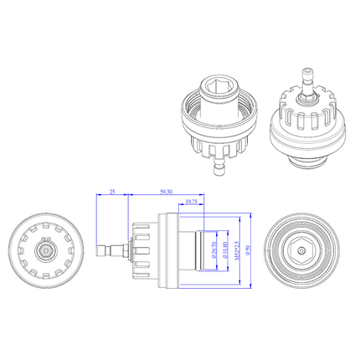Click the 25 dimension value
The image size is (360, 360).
112,191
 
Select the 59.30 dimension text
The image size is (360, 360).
167,191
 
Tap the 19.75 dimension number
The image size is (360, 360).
191,202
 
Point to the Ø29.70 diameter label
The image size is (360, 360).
213,249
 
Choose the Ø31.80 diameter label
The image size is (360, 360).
223,249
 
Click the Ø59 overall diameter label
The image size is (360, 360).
247,249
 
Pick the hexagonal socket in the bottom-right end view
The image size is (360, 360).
303,249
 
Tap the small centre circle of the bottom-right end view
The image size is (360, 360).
303,249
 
